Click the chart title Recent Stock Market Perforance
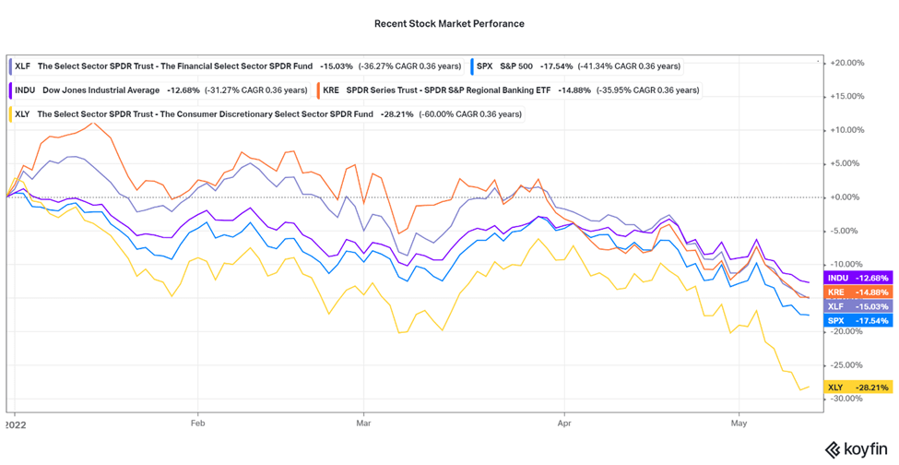tap(449, 23)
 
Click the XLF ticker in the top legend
tap(23, 66)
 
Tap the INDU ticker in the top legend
tap(26, 90)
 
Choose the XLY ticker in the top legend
tap(23, 114)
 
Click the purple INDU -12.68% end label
tap(856, 278)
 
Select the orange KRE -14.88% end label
tap(856, 292)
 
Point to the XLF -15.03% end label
tap(856, 306)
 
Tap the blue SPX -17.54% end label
tap(856, 321)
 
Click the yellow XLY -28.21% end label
tap(856, 387)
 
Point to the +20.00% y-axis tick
tap(846, 63)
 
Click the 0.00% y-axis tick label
tap(847, 197)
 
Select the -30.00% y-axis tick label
tap(846, 398)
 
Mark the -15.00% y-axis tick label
tap(846, 297)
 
